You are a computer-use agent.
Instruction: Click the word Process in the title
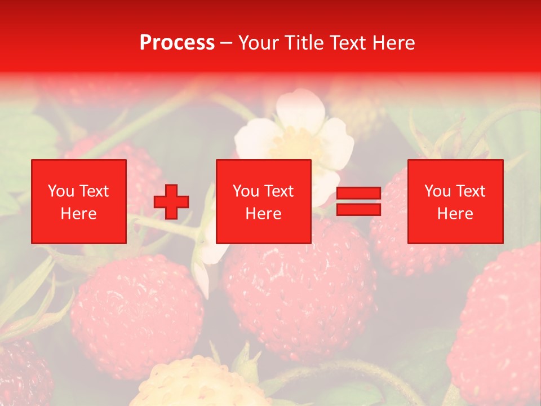coord(177,43)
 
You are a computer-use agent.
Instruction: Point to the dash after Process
coord(227,43)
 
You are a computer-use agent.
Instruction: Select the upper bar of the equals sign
coord(358,193)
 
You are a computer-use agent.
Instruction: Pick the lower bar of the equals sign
coord(358,209)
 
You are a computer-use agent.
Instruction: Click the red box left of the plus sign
coord(79,201)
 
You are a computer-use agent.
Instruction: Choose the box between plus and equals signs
coord(263,201)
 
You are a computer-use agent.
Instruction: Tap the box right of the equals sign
coord(455,201)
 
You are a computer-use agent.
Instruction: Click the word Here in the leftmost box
coord(78,214)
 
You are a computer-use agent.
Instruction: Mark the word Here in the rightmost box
coord(455,214)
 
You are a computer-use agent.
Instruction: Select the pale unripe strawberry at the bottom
coord(197,383)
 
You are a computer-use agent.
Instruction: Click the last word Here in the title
coord(392,43)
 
